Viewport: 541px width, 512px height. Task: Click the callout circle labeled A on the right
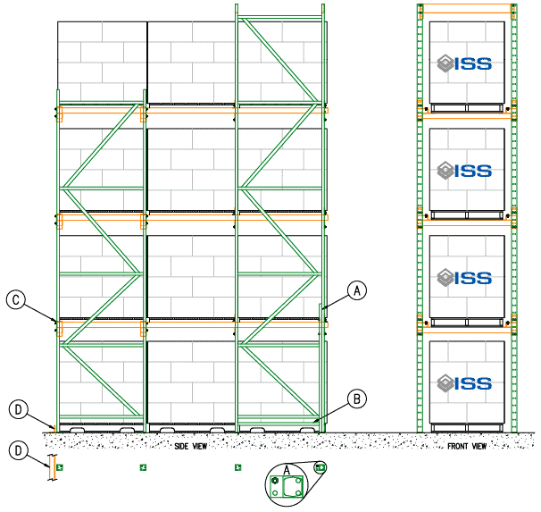356,290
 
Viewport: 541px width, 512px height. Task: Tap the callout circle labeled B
355,399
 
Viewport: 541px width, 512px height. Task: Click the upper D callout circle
17,410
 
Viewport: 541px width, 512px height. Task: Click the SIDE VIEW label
192,445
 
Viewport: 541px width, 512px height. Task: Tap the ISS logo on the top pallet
464,63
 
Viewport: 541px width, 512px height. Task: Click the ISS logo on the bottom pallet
464,383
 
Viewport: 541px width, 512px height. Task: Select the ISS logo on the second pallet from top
464,170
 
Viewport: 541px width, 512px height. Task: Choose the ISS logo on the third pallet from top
464,277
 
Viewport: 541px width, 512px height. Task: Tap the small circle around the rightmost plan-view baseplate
320,466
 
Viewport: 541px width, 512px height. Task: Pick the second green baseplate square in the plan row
143,466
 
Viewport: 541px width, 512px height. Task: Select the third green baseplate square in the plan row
237,466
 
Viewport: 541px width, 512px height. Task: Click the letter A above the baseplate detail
287,468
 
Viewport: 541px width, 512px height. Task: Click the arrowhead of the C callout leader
55,319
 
